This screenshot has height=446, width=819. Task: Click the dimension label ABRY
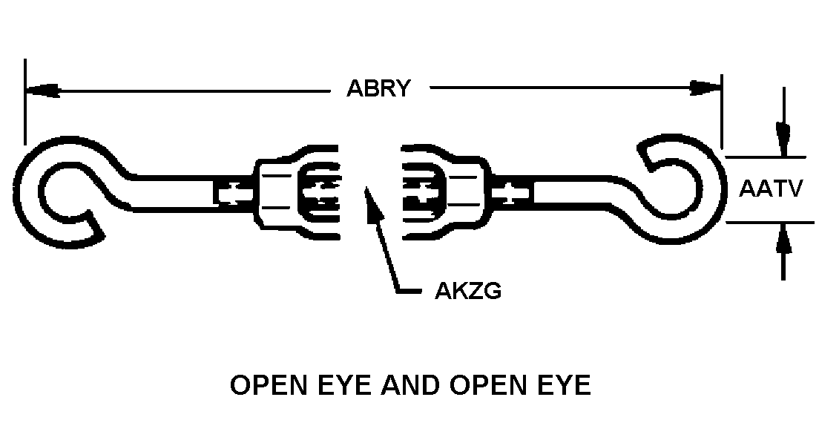click(378, 88)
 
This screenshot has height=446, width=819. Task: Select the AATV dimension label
click(771, 189)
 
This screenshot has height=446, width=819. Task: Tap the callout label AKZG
click(467, 290)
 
